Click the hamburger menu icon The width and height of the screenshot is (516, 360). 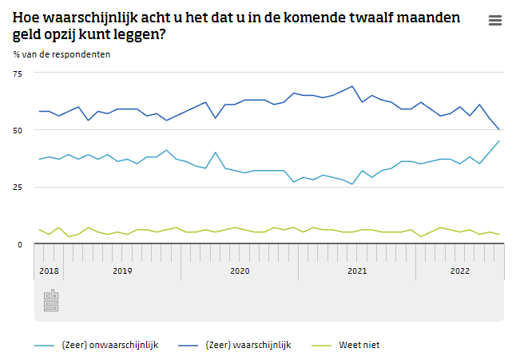tap(495, 21)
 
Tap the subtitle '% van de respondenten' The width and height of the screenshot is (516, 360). tap(62, 54)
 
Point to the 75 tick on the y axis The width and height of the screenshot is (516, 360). tap(18, 73)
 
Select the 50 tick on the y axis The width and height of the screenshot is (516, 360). tap(18, 130)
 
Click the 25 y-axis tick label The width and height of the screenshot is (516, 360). tap(18, 187)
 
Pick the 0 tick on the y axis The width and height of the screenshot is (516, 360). tap(21, 243)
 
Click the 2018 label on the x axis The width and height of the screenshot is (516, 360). tap(49, 271)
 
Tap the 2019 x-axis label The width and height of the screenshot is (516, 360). tap(121, 271)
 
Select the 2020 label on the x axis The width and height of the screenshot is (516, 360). tap(240, 271)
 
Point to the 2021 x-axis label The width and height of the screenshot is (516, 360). tap(357, 271)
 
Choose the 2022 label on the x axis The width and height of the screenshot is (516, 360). tap(460, 271)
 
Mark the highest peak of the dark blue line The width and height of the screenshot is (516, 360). tap(352, 86)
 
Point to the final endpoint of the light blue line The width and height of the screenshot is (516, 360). tap(499, 141)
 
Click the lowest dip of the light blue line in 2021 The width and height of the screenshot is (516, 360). tap(352, 184)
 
